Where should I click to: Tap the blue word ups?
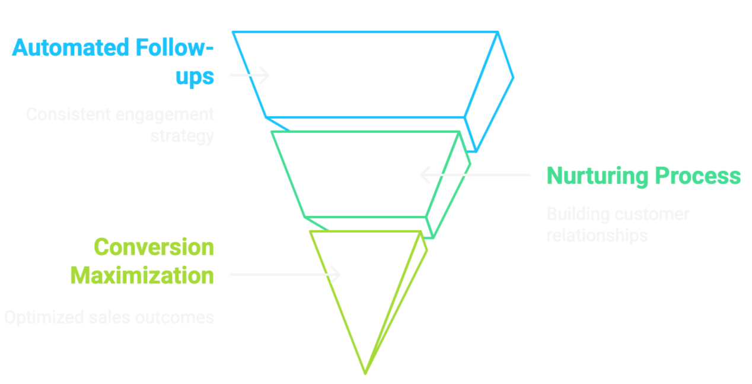point(195,78)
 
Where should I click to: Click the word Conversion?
point(154,247)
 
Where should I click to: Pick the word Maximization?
point(142,275)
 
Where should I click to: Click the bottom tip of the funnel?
point(365,372)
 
